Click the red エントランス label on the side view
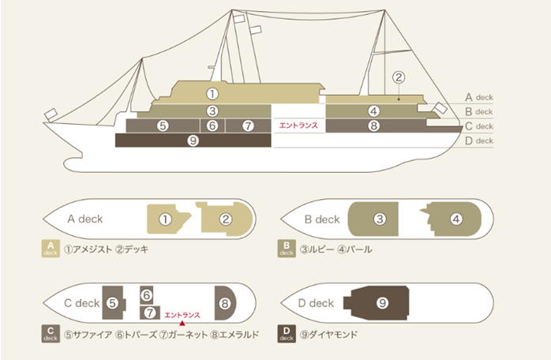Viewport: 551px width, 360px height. pyautogui.click(x=298, y=126)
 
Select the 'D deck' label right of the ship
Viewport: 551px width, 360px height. pyautogui.click(x=479, y=141)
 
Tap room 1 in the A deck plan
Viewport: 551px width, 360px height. pyautogui.click(x=165, y=219)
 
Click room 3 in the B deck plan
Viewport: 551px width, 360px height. pyautogui.click(x=380, y=219)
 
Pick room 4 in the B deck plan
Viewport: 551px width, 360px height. pyautogui.click(x=455, y=219)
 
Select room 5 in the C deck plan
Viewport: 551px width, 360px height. pyautogui.click(x=113, y=302)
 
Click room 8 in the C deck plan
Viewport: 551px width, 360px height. pyautogui.click(x=225, y=302)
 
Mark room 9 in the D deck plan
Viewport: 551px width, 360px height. pyautogui.click(x=382, y=302)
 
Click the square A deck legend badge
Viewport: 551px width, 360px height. pyautogui.click(x=50, y=249)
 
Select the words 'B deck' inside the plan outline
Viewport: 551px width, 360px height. pyautogui.click(x=322, y=219)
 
